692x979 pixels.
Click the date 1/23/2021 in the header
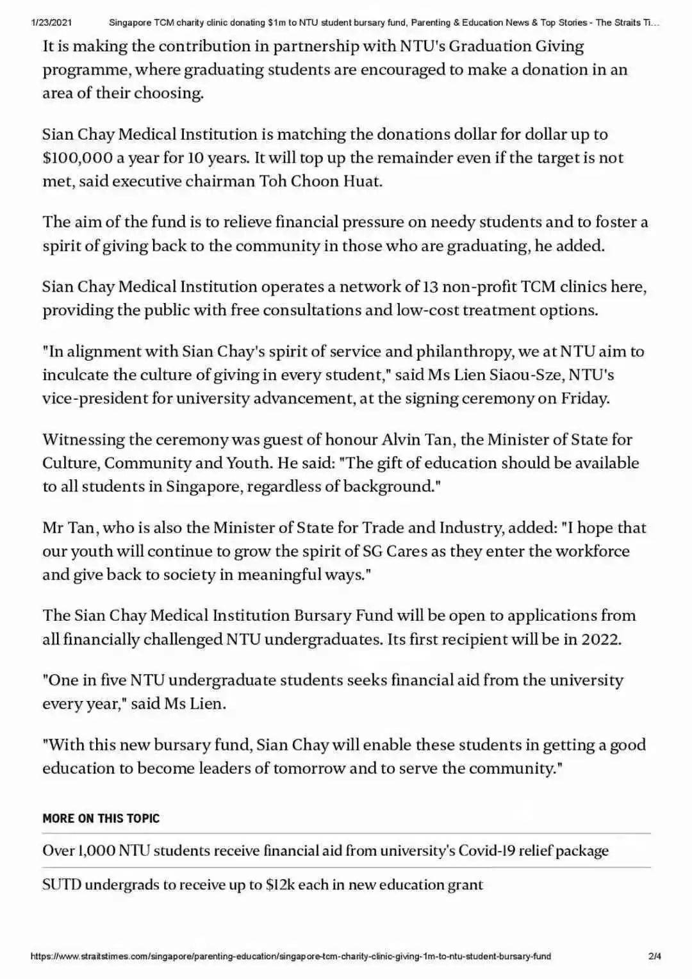(x=51, y=22)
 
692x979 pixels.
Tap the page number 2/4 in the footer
(x=654, y=957)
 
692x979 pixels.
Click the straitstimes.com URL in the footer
(x=290, y=957)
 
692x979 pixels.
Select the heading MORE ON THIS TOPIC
(x=101, y=818)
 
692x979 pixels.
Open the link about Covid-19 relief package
(x=325, y=851)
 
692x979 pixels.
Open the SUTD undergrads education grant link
(x=263, y=885)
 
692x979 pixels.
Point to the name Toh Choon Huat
(x=320, y=181)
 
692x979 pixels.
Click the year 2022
(x=600, y=639)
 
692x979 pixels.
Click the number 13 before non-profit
(x=431, y=286)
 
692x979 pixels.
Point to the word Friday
(x=584, y=399)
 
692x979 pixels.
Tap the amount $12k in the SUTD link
(x=280, y=885)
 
